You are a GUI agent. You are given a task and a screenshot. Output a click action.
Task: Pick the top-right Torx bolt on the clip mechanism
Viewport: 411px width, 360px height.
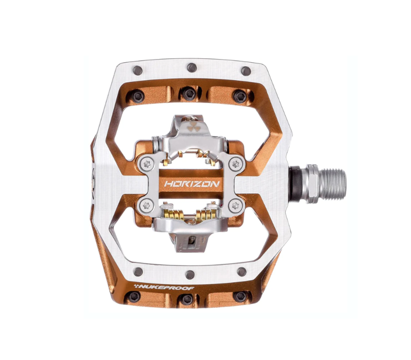[x=235, y=164]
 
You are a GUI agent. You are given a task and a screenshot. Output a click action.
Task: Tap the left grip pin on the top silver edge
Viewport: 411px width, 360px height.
[x=137, y=70]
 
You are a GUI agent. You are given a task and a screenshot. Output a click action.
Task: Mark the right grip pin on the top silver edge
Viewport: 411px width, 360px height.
[x=246, y=70]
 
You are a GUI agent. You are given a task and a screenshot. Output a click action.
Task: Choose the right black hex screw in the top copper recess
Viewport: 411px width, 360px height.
[x=239, y=96]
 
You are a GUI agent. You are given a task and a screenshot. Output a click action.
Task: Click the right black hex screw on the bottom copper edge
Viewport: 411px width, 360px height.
[x=240, y=296]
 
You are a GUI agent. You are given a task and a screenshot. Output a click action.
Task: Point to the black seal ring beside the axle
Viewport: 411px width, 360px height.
[x=297, y=180]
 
